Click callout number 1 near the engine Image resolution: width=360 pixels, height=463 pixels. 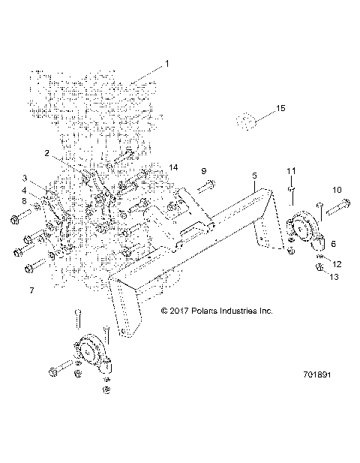point(167,64)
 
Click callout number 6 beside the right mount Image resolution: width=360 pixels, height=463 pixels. point(334,244)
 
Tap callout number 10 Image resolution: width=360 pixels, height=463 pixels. point(337,190)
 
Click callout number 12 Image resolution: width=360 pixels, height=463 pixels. point(337,263)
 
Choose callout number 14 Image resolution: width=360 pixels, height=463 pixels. point(173,167)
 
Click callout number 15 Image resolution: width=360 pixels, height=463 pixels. point(280,110)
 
